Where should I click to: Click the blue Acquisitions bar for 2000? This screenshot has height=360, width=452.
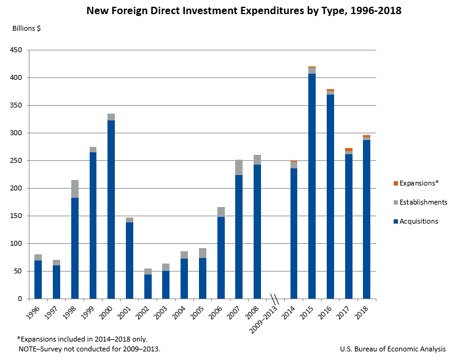tap(111, 209)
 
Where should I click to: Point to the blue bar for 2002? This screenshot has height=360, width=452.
tap(148, 286)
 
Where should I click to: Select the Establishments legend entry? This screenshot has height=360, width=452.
tap(423, 202)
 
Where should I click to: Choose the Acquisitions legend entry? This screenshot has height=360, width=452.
tap(418, 221)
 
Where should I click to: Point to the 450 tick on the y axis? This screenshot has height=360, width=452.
tap(18, 50)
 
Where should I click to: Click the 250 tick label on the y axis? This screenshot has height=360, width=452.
tap(18, 161)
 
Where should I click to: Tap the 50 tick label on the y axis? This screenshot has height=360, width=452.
tap(20, 272)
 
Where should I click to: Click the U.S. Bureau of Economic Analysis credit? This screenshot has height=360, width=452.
tap(392, 349)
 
